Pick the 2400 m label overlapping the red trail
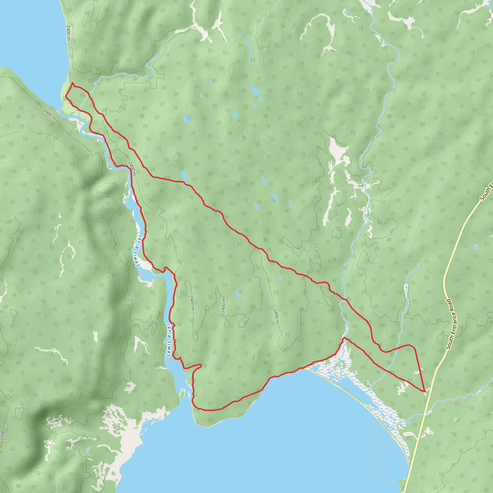point(132,168)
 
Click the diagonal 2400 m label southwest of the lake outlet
point(50,115)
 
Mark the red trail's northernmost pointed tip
point(73,83)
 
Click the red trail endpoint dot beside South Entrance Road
point(424,391)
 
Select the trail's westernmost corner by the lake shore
point(66,96)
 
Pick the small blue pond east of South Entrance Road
point(476,247)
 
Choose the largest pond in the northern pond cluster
point(254,90)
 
